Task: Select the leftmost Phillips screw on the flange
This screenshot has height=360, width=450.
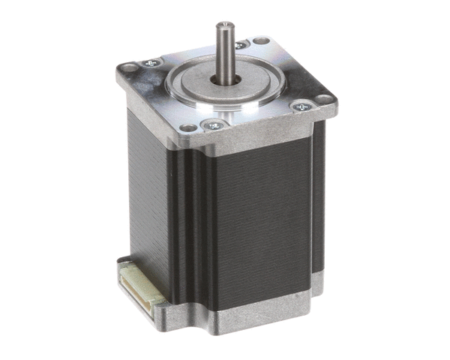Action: coord(154,62)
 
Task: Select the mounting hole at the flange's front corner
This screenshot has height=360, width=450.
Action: coord(188,128)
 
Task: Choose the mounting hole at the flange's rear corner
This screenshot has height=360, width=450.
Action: coord(261,40)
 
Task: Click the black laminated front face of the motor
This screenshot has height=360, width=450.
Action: coord(259,217)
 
